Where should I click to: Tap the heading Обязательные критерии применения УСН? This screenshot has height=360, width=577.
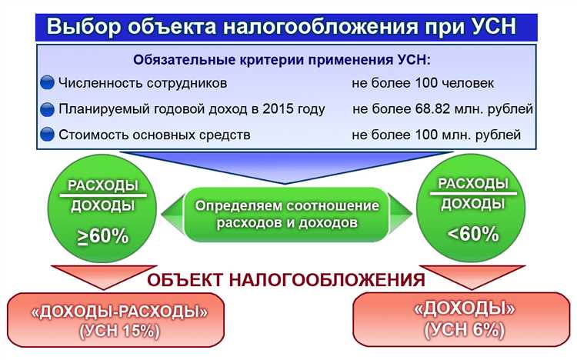[x=282, y=59]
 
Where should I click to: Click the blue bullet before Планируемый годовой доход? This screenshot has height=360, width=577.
[x=47, y=109]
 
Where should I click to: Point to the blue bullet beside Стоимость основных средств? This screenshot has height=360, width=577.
[x=47, y=135]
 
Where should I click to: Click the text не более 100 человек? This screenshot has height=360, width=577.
[x=422, y=83]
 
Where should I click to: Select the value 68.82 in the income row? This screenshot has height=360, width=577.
[x=431, y=108]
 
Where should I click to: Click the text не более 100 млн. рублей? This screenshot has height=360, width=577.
[x=436, y=135]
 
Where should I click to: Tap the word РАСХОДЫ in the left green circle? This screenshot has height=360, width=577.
[x=103, y=186]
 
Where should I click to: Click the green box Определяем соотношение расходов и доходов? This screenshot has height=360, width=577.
[x=287, y=215]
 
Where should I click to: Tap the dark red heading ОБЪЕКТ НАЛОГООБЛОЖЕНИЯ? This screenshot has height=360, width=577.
[x=286, y=279]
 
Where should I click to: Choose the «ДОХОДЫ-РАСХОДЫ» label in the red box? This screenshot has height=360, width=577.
[x=118, y=312]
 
